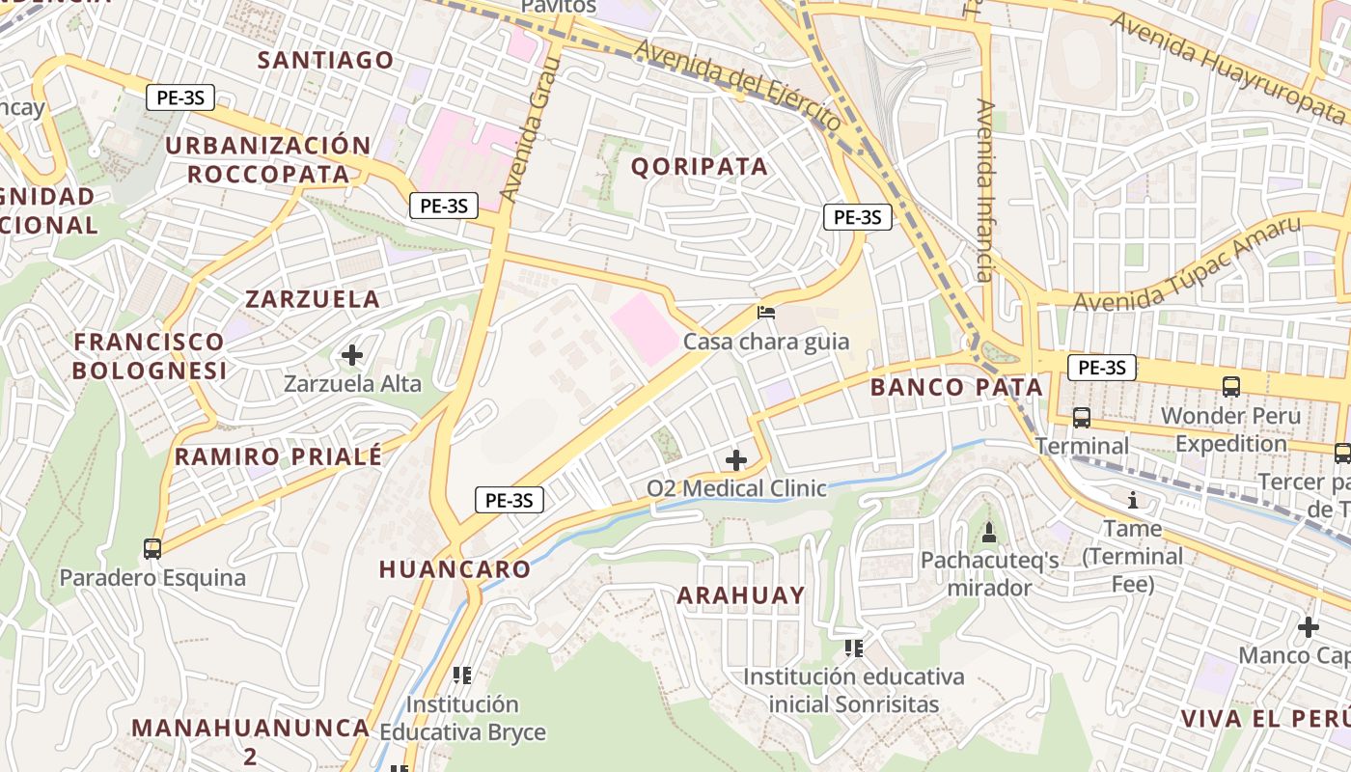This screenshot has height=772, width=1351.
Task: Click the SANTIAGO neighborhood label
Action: tap(326, 60)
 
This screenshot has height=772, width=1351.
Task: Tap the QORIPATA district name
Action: tap(700, 166)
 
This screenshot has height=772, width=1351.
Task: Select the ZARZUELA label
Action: tap(313, 298)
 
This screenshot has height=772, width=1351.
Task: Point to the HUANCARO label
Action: tap(455, 568)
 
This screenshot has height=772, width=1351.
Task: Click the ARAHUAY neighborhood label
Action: tap(740, 594)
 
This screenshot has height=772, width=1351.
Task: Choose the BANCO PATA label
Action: tap(956, 387)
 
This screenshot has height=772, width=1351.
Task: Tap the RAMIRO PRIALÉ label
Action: tap(279, 456)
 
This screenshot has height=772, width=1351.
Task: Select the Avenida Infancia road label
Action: tap(984, 189)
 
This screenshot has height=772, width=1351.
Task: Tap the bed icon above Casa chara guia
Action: tap(766, 312)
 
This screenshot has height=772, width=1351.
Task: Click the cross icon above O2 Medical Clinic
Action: tap(736, 459)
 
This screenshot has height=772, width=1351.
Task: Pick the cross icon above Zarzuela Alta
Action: tap(352, 355)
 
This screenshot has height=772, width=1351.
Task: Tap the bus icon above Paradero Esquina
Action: tap(152, 548)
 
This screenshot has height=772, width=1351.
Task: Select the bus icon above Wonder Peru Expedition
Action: tap(1230, 386)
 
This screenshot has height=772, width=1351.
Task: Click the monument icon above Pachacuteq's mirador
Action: tap(989, 532)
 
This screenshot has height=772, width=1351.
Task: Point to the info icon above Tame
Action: tap(1133, 500)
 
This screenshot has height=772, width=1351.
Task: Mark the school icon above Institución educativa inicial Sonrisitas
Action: tap(853, 648)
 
